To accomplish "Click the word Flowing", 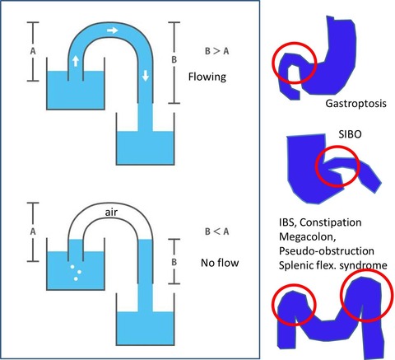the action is click(207, 77).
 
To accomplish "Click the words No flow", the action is click(220, 263).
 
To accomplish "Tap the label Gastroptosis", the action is click(356, 104).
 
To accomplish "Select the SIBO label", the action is click(350, 134).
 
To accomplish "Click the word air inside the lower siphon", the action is click(111, 212).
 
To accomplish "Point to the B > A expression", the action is click(217, 51).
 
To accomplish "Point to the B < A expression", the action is click(217, 231).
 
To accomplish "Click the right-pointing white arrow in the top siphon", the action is click(113, 30).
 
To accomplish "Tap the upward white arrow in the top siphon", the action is click(76, 61).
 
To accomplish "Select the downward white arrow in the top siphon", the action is click(146, 76).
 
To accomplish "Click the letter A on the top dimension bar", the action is click(33, 51).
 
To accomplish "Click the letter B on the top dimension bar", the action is click(174, 59).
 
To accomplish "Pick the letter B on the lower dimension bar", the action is click(174, 262).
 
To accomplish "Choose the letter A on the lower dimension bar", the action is click(33, 231).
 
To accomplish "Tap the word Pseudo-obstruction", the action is click(327, 251).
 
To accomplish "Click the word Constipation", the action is click(331, 222).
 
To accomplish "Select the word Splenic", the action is click(296, 265).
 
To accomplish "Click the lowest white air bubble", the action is click(76, 278).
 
